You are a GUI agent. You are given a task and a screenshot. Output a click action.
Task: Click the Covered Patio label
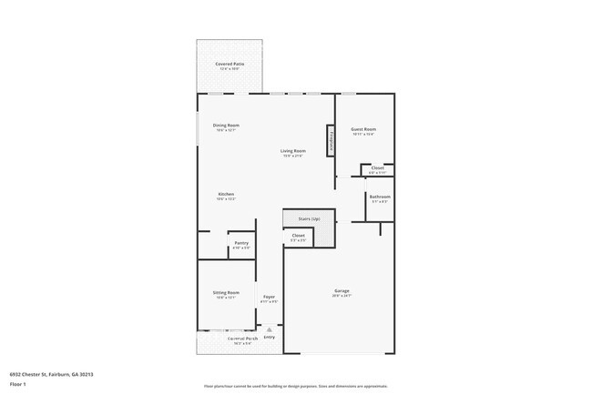click(230, 64)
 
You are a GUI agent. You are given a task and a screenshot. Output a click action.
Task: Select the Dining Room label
click(226, 125)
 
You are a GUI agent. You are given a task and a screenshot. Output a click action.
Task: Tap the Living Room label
click(292, 150)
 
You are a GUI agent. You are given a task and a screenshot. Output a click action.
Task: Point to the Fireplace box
click(332, 141)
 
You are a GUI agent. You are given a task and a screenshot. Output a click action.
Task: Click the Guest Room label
click(363, 129)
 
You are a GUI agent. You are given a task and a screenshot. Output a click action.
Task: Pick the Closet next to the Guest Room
click(377, 168)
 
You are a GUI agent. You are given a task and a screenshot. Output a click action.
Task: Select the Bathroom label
click(380, 197)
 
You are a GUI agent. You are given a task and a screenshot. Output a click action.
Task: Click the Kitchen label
click(226, 194)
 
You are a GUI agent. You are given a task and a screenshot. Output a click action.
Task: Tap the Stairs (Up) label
click(309, 218)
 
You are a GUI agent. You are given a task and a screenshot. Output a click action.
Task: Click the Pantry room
click(240, 244)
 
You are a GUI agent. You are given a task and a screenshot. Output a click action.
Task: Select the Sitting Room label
click(226, 293)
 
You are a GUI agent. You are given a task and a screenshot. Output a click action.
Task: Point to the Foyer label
click(270, 297)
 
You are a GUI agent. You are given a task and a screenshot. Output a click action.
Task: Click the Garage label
click(342, 291)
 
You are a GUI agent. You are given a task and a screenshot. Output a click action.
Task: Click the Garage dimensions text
click(342, 297)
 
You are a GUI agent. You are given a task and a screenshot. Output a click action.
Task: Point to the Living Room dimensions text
click(292, 156)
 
